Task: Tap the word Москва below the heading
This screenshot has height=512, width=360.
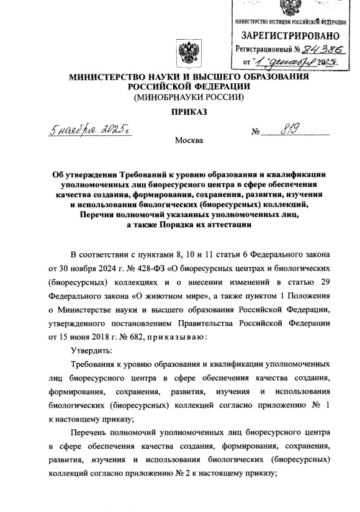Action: (x=189, y=140)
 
